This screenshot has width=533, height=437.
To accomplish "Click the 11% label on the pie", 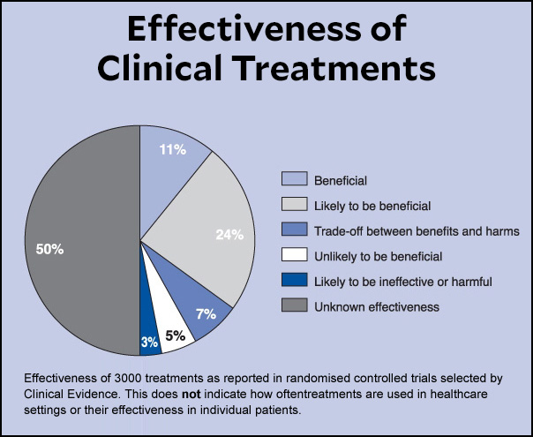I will click(173, 150).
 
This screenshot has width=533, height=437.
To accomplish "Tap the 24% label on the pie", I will click(229, 235).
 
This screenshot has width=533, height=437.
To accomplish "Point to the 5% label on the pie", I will click(175, 335).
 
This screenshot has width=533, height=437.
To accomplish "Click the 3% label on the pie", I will click(150, 342).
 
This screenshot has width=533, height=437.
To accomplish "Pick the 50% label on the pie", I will click(49, 250).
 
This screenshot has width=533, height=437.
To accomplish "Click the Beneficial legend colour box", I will click(294, 180).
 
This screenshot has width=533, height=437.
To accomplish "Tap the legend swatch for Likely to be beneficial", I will click(294, 206).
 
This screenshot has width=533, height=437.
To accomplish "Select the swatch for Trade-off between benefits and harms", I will click(294, 231).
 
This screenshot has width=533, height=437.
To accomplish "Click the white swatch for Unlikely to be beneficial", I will click(294, 257).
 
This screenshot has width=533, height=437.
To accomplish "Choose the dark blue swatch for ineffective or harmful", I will click(294, 282).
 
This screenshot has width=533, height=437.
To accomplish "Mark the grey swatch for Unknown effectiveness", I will click(294, 307).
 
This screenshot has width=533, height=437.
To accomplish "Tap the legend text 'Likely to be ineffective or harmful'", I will click(402, 282).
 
